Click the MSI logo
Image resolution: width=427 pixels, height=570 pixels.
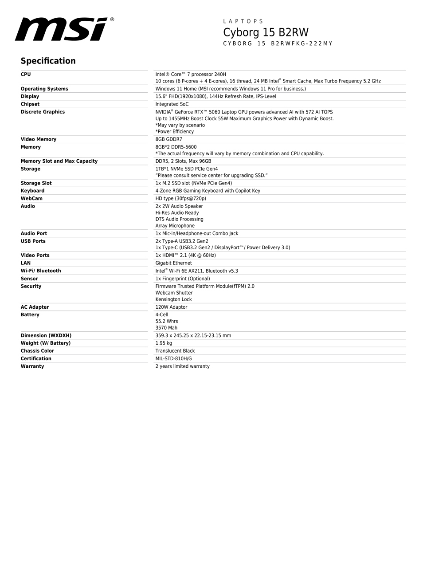(64, 29)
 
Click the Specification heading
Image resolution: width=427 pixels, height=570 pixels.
(48, 61)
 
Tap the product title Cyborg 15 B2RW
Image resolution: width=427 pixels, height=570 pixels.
(266, 32)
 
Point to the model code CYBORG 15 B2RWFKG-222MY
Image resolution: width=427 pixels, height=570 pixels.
(278, 43)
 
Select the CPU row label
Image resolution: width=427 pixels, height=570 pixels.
(26, 75)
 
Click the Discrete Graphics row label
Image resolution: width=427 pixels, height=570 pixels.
(43, 112)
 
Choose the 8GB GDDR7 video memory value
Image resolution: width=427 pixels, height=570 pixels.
(168, 139)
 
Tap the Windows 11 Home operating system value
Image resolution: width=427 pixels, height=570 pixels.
(230, 89)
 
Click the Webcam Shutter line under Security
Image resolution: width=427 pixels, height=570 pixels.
(174, 293)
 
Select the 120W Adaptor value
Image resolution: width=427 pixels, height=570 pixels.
(171, 307)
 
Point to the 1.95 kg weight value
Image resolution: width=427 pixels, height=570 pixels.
(164, 343)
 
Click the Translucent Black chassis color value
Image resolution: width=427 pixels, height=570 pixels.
(175, 351)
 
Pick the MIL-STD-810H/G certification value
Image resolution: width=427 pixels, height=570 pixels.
(173, 358)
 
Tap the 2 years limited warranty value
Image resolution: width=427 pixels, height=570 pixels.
(182, 366)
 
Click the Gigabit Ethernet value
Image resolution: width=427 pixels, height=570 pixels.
(173, 263)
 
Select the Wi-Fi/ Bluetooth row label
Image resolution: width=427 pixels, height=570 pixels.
(41, 271)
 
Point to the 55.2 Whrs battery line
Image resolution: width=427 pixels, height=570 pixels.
(166, 321)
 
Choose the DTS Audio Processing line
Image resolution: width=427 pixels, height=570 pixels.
(179, 219)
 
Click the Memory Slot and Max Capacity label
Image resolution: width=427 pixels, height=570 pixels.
(59, 161)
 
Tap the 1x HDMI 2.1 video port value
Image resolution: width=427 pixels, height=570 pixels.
(185, 255)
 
